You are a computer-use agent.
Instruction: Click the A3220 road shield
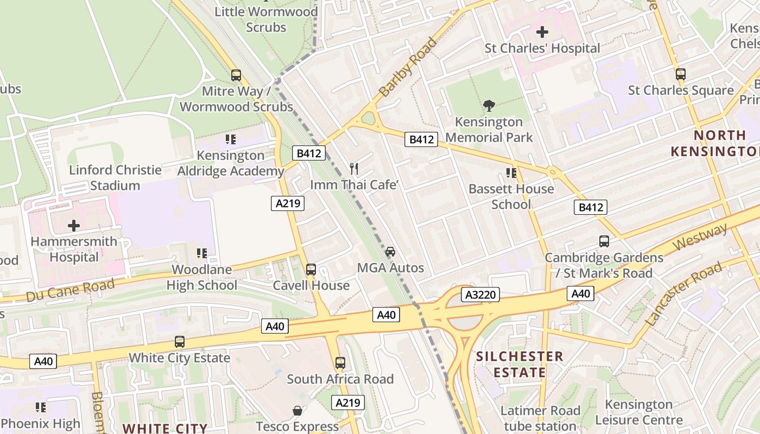(480, 295)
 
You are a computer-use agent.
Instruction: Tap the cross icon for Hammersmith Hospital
(74, 226)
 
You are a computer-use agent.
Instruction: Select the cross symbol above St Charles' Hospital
(542, 32)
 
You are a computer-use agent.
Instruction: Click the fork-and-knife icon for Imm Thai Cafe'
(354, 169)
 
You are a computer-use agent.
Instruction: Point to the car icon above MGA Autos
(390, 252)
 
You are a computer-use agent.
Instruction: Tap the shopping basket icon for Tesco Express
(297, 411)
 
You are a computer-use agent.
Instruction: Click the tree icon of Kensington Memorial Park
(489, 105)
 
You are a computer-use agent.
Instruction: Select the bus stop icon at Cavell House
(311, 270)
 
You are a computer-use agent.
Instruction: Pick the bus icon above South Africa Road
(340, 363)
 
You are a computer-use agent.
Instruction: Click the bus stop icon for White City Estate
(180, 342)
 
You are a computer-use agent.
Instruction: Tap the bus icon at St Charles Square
(681, 74)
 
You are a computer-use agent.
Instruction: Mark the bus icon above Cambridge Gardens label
(604, 241)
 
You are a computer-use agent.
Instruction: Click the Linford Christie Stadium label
(115, 178)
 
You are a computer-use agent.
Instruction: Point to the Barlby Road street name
(408, 67)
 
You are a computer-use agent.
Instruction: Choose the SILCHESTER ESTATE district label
(520, 365)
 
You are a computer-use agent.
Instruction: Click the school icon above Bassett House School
(511, 173)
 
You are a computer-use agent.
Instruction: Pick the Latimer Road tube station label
(540, 418)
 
